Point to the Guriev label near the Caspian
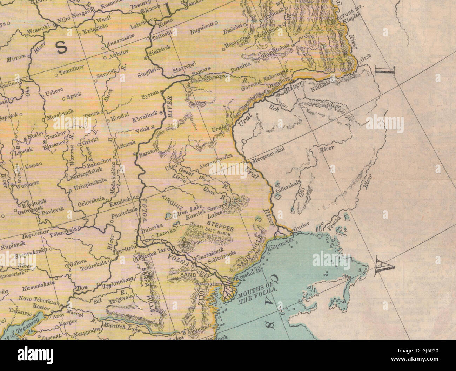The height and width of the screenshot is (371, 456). (301, 227)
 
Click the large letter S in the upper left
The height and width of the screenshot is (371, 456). (61, 47)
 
